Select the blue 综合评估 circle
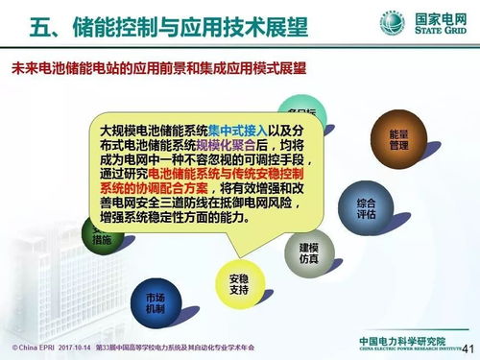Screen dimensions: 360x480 pyautogui.click(x=366, y=207)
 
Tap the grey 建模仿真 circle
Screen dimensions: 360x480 pyautogui.click(x=308, y=252)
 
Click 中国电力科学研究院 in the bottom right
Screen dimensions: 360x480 pyautogui.click(x=403, y=341)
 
